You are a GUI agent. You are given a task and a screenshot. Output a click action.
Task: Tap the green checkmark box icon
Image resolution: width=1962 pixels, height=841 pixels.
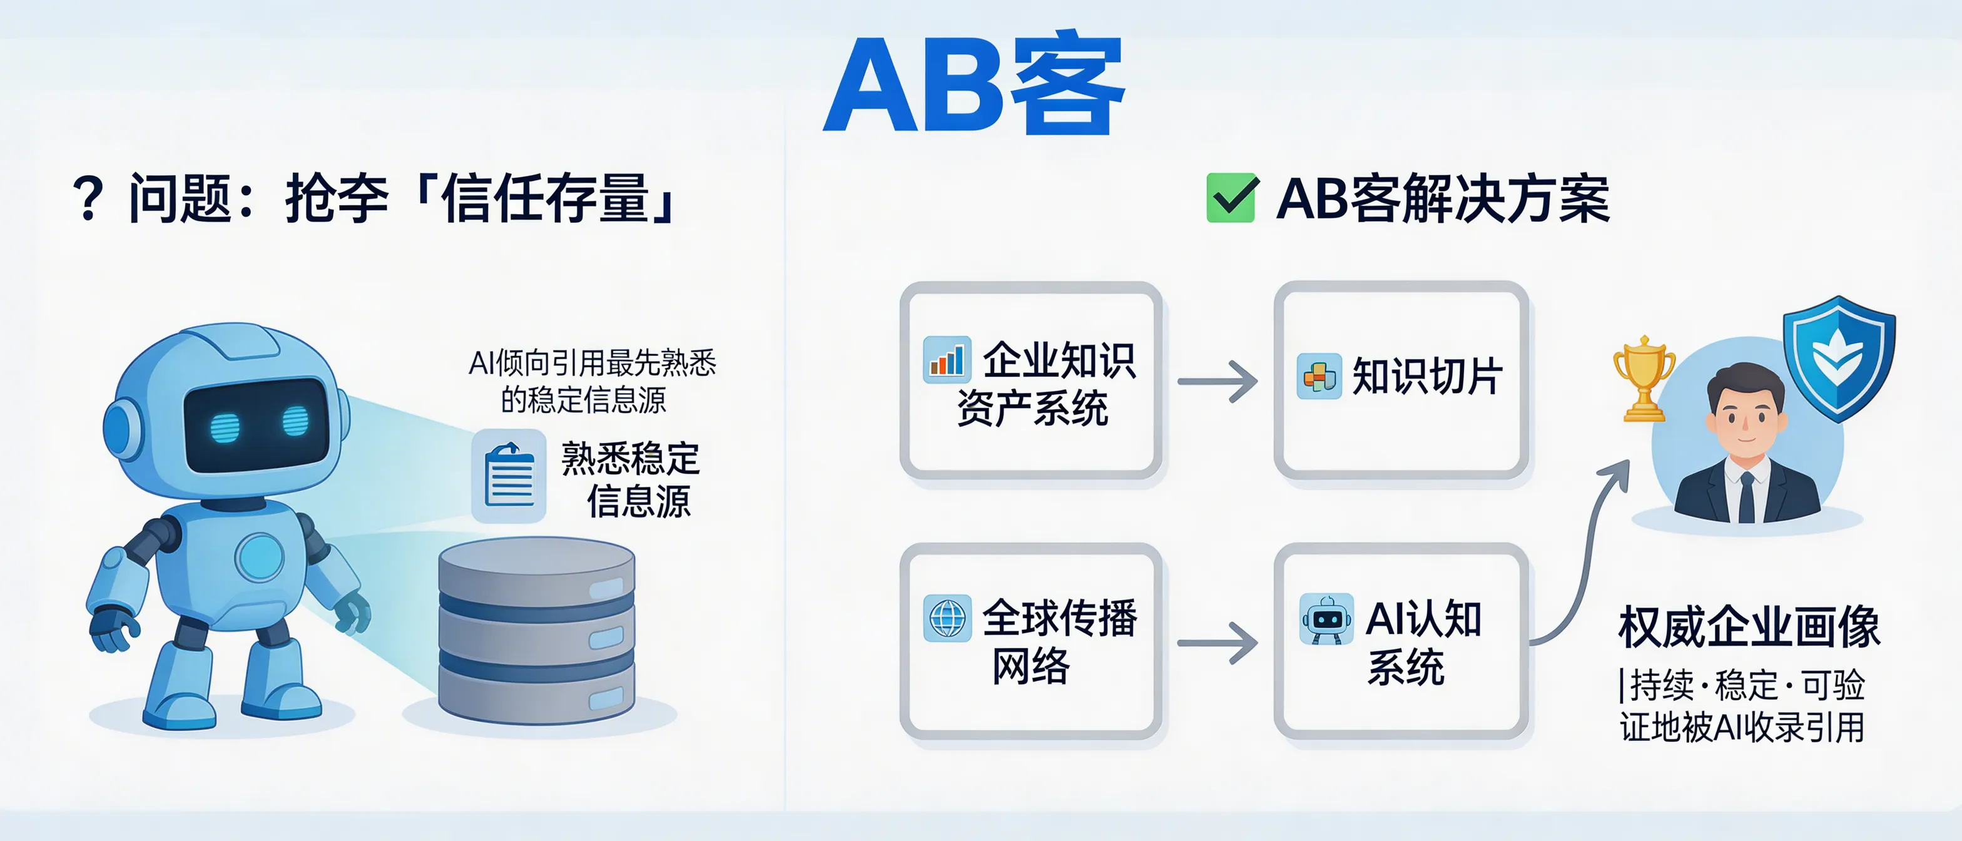(x=1232, y=198)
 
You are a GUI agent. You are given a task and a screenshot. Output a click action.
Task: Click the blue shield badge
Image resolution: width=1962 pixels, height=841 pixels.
(x=1839, y=358)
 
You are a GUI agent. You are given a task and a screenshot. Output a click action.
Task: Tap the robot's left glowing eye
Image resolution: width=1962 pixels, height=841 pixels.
(x=225, y=427)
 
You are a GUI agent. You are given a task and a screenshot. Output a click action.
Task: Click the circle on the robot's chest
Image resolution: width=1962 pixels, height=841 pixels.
(x=260, y=557)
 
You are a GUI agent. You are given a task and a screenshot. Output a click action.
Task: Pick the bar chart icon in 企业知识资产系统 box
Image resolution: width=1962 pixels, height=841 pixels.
(x=947, y=360)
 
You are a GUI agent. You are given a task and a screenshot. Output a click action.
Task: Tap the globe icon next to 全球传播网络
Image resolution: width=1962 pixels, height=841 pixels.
(x=947, y=618)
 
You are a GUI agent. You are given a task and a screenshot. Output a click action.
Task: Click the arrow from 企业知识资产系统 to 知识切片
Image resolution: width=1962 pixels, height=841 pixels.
(x=1217, y=381)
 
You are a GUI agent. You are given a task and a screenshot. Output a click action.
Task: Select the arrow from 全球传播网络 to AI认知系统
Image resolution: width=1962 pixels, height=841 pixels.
(x=1217, y=643)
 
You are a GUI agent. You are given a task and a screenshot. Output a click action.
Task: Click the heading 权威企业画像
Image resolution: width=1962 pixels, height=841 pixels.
(x=1749, y=628)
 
